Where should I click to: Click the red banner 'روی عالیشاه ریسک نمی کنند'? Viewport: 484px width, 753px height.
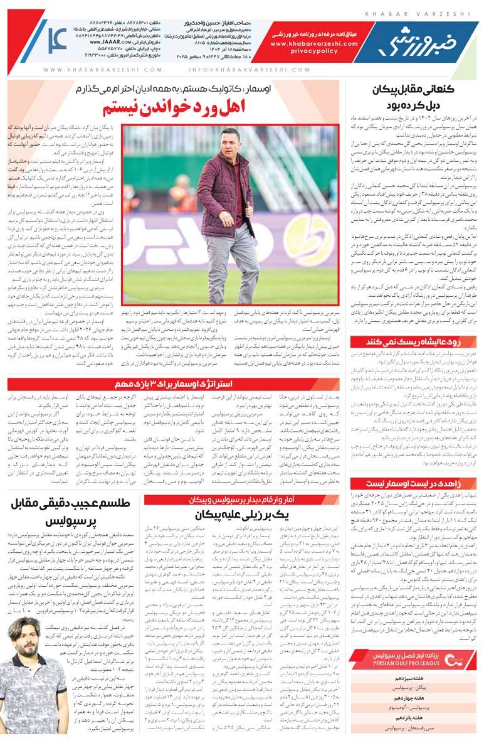[x=414, y=341]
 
